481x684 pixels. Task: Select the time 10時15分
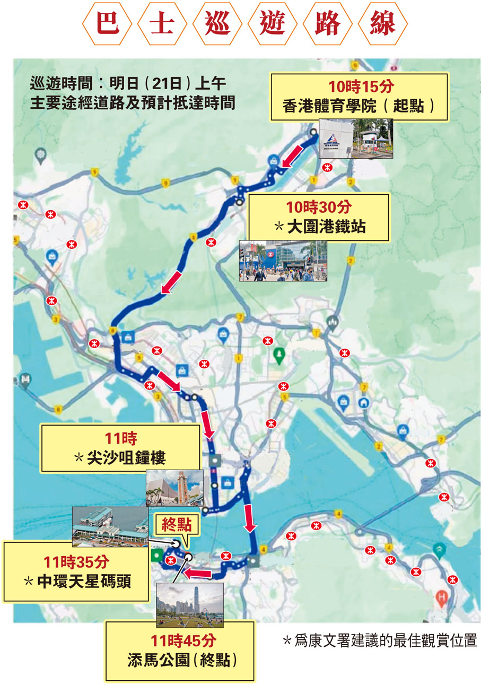[360, 87]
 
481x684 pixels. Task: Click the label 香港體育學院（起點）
[360, 106]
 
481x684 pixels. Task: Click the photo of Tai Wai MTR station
[282, 260]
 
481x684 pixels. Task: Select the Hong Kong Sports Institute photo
[356, 138]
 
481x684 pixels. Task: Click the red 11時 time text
[121, 438]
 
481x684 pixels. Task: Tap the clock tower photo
[174, 488]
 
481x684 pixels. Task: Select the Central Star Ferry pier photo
[110, 527]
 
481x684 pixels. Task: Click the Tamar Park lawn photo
[190, 604]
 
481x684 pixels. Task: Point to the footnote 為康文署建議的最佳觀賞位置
[379, 640]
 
